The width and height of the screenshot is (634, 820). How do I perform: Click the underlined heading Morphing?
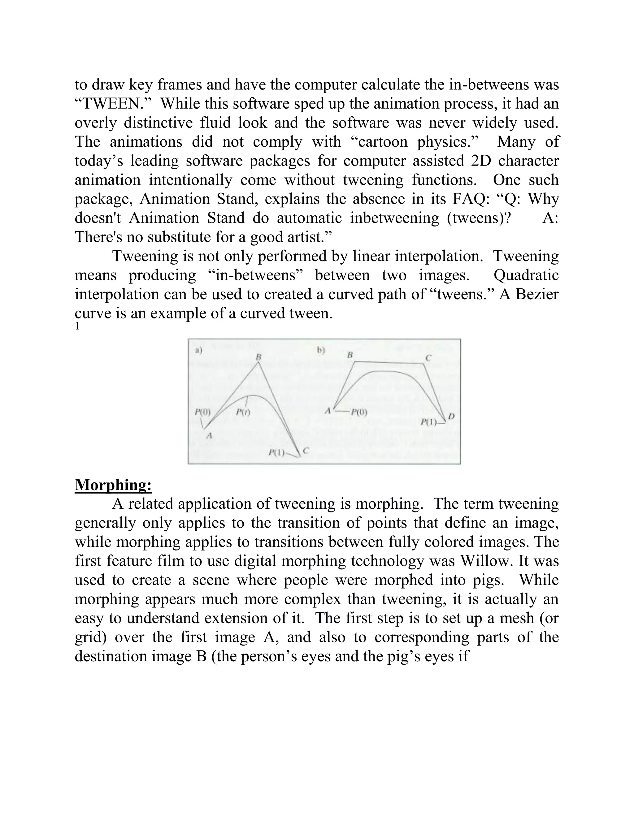[x=113, y=485]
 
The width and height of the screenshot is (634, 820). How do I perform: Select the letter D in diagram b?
[x=451, y=416]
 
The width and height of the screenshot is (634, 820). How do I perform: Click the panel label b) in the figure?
[x=320, y=350]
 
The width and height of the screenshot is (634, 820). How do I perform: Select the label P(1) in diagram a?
[x=276, y=452]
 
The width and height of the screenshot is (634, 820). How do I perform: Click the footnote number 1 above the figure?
[x=77, y=326]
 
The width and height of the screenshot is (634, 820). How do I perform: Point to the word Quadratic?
[x=526, y=275]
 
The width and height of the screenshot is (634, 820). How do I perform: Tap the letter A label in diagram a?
[x=209, y=436]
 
